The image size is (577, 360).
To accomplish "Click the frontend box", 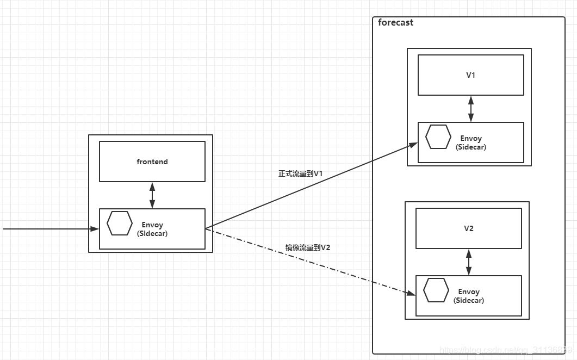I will [152, 162].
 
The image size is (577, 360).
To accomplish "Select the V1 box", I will [471, 75].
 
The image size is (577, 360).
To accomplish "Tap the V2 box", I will [469, 228].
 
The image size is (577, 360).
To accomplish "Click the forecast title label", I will [395, 23].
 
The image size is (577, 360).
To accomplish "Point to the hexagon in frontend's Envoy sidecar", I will [120, 224].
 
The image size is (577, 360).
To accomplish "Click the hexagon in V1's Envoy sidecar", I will [438, 137].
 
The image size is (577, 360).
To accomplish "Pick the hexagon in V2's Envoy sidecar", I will [436, 290].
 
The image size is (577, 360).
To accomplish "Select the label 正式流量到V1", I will [301, 173].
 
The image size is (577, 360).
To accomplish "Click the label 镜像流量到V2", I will [308, 247].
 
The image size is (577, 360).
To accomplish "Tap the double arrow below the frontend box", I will [152, 195].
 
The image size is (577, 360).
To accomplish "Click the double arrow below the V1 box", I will [471, 109].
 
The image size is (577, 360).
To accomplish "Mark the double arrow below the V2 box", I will [469, 262].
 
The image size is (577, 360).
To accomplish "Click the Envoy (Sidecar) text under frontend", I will [152, 229].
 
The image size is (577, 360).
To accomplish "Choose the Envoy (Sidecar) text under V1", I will [471, 142].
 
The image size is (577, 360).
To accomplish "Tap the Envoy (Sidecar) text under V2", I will [469, 296].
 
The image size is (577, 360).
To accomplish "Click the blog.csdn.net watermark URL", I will [506, 350].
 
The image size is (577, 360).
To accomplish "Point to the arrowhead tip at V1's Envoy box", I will [417, 144].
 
